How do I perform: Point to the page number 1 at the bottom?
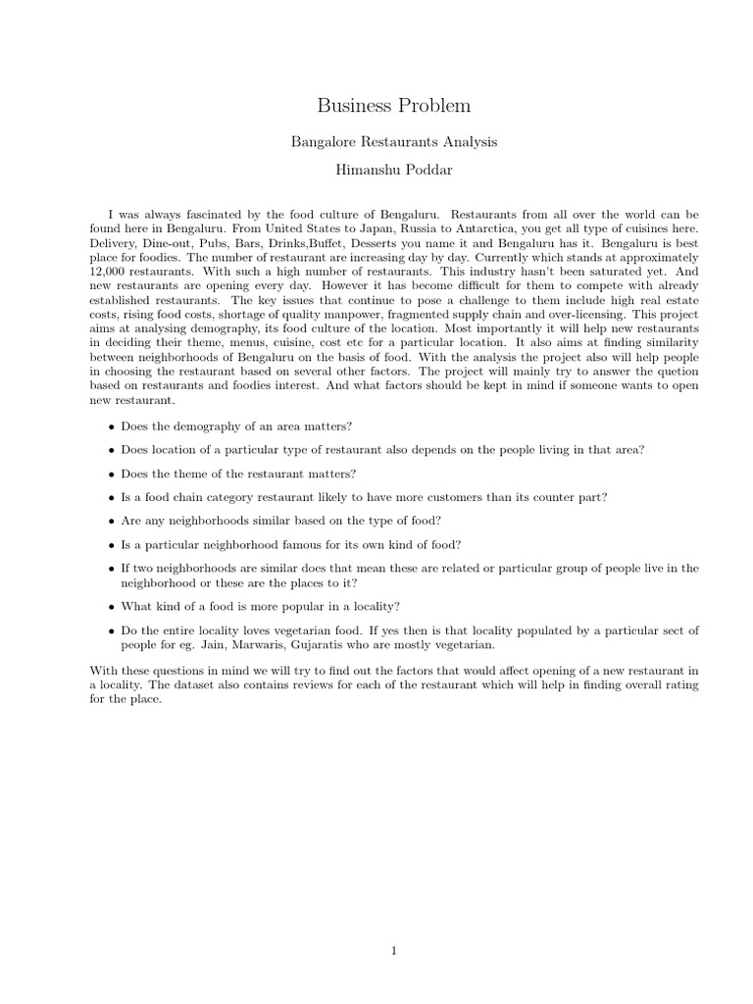393,950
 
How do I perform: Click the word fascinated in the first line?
210,214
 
